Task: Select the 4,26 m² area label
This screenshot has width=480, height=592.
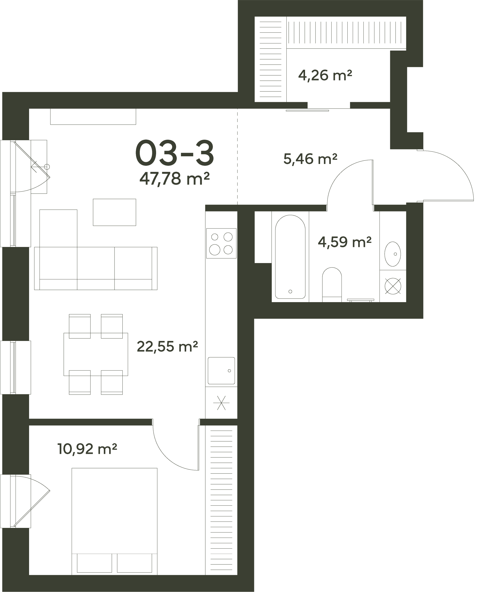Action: (x=325, y=75)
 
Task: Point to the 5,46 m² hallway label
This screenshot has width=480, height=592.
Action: (x=310, y=159)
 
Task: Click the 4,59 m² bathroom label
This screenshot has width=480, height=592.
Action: (x=345, y=242)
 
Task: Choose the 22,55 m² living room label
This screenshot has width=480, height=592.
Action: (x=167, y=346)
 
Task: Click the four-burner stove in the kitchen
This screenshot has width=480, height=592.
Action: (x=221, y=243)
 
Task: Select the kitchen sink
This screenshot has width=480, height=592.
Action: (x=221, y=371)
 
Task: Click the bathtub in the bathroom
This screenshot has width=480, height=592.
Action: (x=290, y=257)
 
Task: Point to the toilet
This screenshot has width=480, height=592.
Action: (x=332, y=285)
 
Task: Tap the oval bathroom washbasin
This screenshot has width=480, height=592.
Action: (x=393, y=254)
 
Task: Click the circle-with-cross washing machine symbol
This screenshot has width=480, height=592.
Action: (x=393, y=286)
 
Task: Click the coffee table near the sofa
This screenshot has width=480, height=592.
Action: (x=115, y=212)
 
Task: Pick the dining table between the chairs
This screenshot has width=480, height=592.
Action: (x=96, y=354)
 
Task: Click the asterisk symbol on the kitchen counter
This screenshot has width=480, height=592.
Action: (x=221, y=402)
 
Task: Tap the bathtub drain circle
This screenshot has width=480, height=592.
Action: (x=290, y=291)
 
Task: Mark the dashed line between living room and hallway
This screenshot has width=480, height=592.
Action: (x=237, y=157)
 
